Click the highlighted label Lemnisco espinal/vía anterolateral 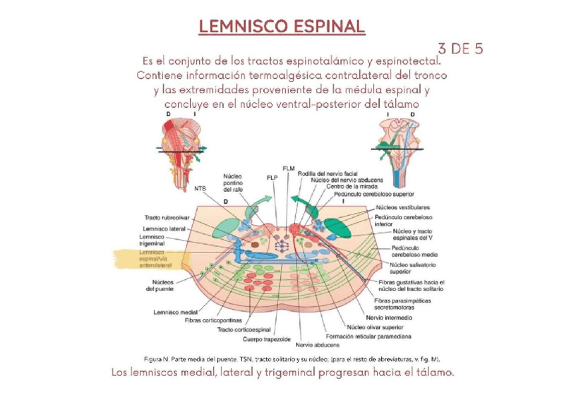[156, 259]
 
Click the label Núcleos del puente [160, 285]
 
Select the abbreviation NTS [200, 189]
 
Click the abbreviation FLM [288, 168]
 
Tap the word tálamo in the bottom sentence [436, 372]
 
